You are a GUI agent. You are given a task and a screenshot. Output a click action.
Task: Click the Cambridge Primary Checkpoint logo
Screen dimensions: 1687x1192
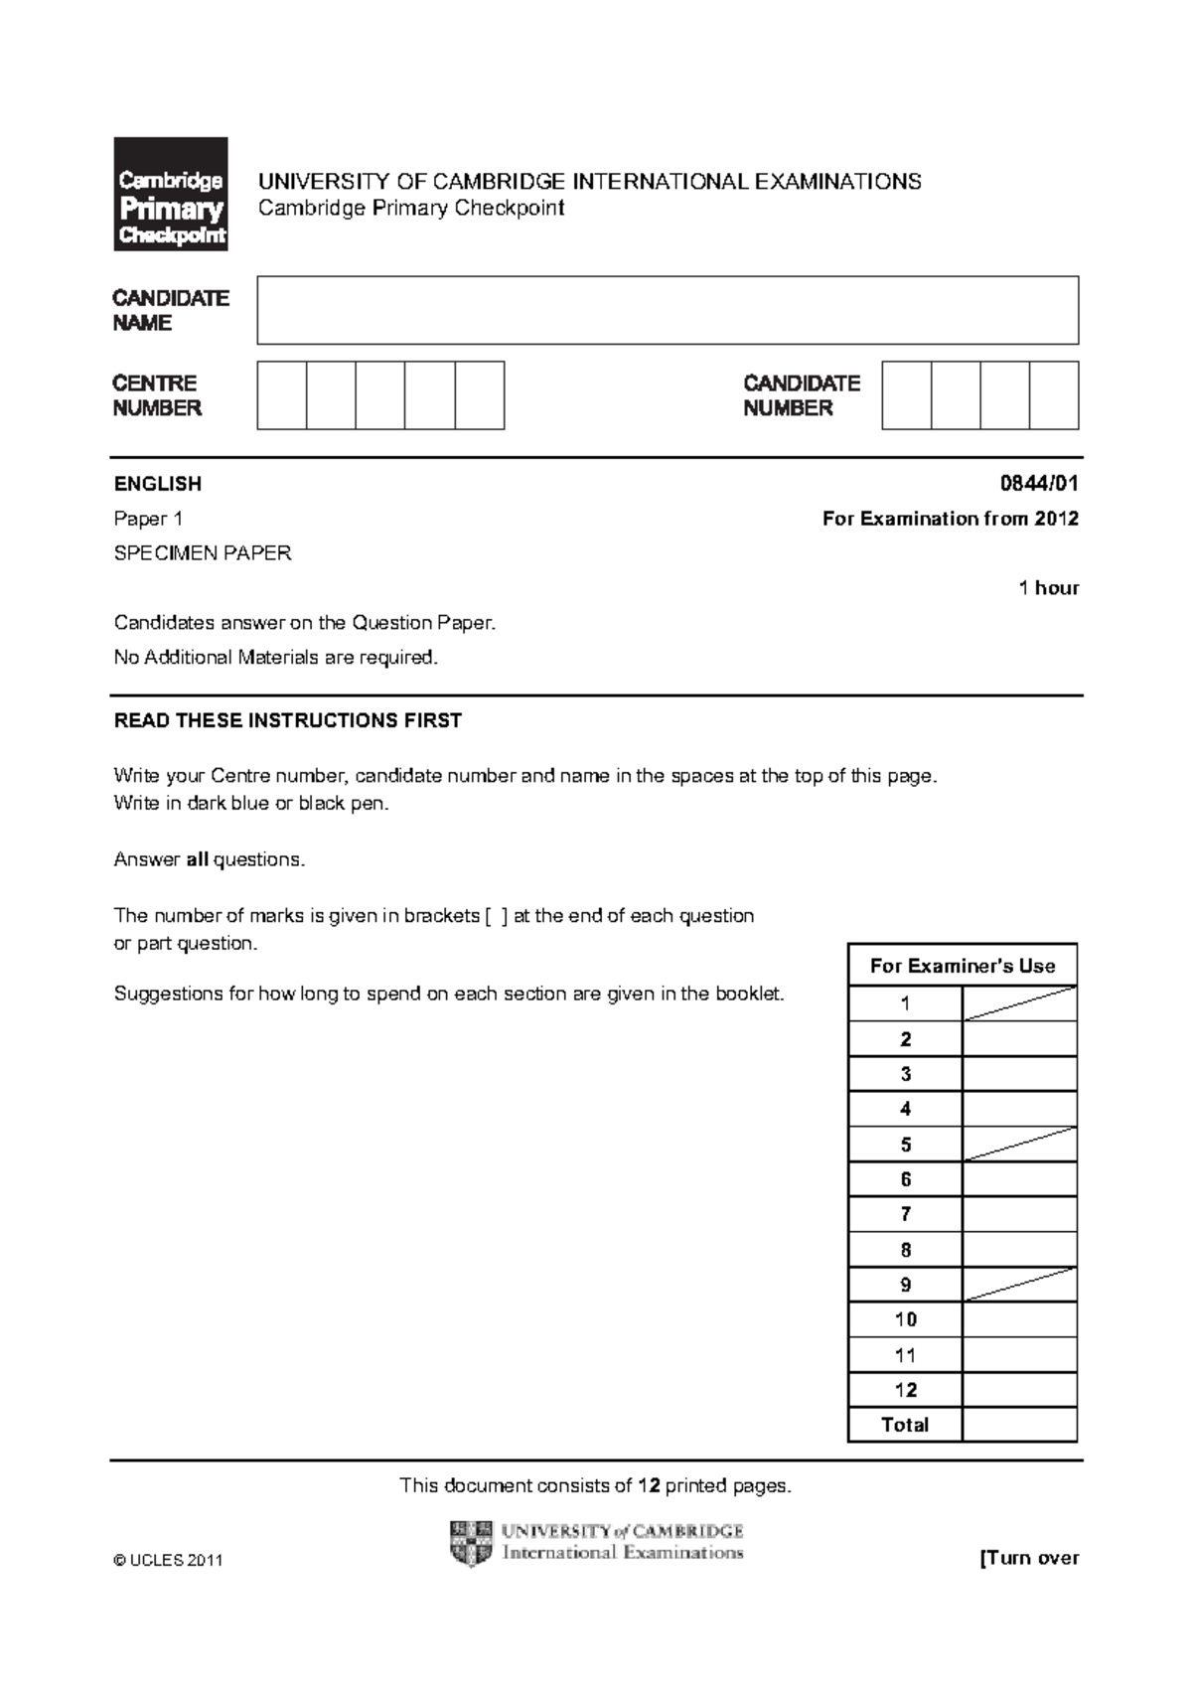(x=171, y=194)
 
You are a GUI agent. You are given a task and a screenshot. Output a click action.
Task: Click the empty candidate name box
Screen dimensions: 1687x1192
(x=668, y=310)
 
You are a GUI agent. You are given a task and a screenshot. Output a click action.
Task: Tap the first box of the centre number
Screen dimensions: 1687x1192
(x=282, y=395)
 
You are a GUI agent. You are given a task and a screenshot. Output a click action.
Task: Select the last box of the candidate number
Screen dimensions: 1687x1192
(x=1054, y=395)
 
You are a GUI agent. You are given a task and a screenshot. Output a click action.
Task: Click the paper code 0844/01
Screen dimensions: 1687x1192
(x=1039, y=484)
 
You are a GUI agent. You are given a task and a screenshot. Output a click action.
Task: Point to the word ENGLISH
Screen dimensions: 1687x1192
(x=158, y=484)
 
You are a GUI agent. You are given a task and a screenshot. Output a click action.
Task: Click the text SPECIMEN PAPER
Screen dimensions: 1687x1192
(x=203, y=553)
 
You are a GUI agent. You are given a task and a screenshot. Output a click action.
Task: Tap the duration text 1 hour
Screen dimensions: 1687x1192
(x=1049, y=588)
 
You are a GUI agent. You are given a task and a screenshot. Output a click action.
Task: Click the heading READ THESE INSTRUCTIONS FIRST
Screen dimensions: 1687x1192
(x=288, y=721)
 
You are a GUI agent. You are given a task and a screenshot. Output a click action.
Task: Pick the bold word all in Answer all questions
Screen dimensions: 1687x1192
(x=198, y=860)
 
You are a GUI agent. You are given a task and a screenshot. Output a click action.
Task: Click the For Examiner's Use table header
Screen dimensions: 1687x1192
(x=963, y=966)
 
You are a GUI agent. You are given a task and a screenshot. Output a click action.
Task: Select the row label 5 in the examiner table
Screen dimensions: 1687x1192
(x=905, y=1145)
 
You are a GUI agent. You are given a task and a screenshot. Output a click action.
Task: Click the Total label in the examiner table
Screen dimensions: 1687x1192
(x=905, y=1425)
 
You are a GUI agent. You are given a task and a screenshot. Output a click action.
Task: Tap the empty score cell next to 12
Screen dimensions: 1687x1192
(x=1019, y=1390)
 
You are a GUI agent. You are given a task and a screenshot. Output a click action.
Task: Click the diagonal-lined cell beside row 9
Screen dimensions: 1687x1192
(x=1019, y=1285)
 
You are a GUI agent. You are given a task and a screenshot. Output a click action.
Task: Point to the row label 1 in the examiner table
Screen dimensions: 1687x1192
(x=905, y=1003)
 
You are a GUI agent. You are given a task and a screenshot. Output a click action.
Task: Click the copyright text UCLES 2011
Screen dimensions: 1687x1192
(x=169, y=1561)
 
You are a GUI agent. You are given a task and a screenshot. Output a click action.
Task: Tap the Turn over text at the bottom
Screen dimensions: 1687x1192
(x=1029, y=1558)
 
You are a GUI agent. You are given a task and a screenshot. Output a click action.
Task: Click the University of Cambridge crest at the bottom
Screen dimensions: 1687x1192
(x=471, y=1543)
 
